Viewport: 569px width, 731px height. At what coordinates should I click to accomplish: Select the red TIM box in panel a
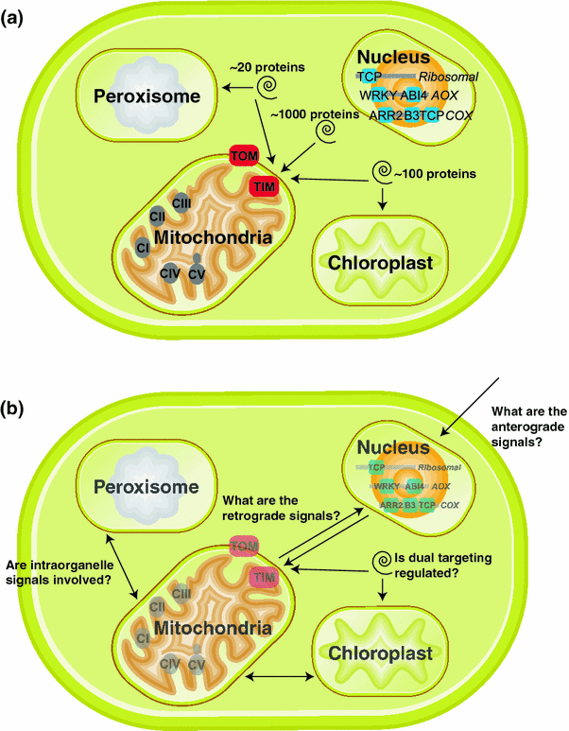pyautogui.click(x=264, y=187)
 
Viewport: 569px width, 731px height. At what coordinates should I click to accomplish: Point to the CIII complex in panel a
pyautogui.click(x=182, y=200)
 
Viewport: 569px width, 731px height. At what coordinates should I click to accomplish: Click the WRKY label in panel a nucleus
pyautogui.click(x=378, y=96)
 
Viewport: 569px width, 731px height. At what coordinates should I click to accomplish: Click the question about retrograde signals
pyautogui.click(x=281, y=507)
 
